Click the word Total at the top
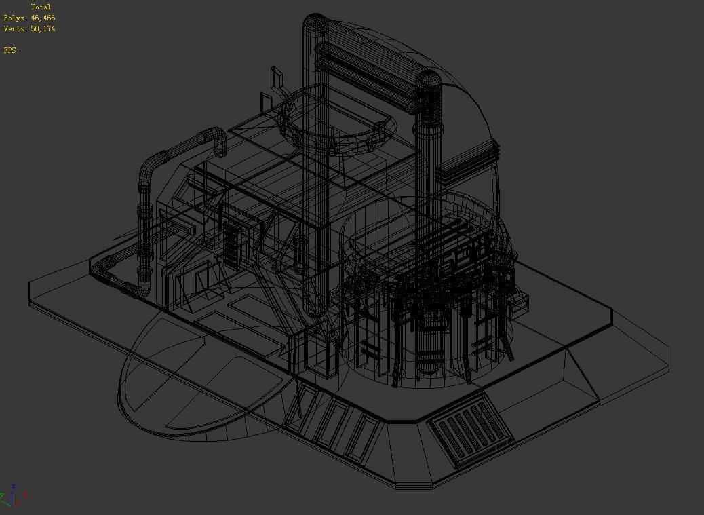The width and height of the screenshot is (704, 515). tap(41, 7)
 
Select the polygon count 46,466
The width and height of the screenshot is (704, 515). tap(43, 18)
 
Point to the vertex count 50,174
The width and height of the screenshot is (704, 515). tap(43, 28)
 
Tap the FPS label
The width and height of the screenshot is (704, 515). tap(11, 50)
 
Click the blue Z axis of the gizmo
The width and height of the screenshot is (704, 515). tap(13, 489)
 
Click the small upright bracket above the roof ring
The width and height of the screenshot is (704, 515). tap(277, 78)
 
